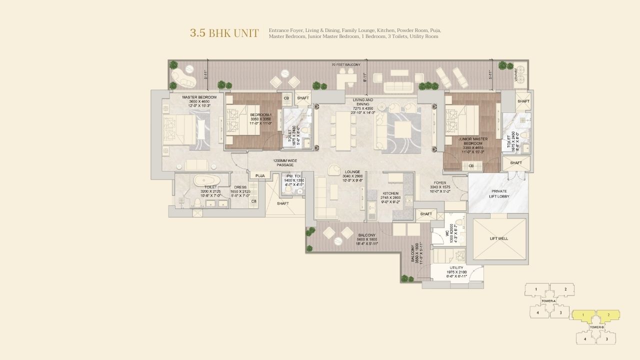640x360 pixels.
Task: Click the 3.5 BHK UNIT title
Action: coord(224,33)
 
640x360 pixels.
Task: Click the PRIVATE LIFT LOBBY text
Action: coord(498,194)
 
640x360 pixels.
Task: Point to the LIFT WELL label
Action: coord(498,238)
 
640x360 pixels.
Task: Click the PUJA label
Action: coord(260,176)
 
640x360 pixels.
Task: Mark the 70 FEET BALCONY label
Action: coord(345,65)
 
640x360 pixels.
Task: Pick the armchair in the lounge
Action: coord(333,170)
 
